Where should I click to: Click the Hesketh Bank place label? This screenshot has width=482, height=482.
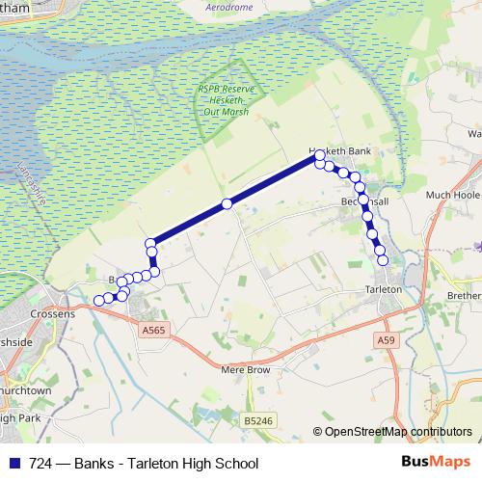coord(339,151)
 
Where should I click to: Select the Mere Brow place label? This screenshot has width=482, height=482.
coord(245,369)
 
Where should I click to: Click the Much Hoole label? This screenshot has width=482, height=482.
coord(452,195)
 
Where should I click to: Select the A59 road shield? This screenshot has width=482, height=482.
coord(387,340)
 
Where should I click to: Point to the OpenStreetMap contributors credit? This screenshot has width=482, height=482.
coord(397,433)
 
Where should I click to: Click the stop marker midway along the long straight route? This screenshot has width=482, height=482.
coord(227,203)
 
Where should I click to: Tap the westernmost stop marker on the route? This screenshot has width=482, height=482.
coord(98,302)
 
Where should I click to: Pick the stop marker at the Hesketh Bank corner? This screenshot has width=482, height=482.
coord(320,155)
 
